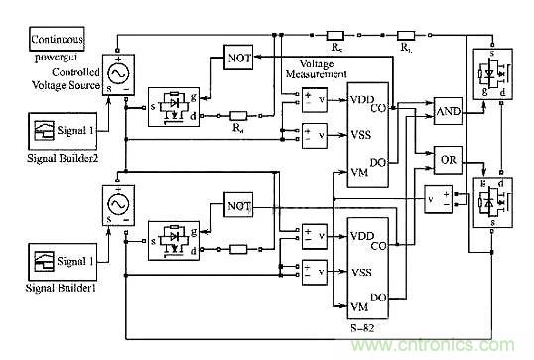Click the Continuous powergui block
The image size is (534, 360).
[x=57, y=41]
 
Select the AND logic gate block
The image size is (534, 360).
[x=449, y=114]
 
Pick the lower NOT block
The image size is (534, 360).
[x=239, y=207]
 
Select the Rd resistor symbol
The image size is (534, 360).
[x=238, y=116]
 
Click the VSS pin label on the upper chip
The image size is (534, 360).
[x=360, y=134]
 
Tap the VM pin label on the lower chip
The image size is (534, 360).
[x=360, y=303]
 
